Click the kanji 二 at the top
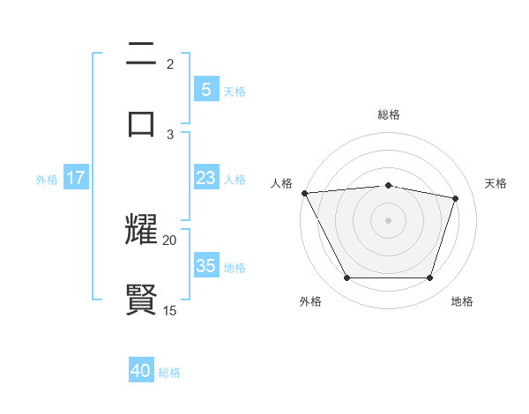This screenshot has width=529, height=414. pos(141,55)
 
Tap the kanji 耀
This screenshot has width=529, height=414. pos(141,230)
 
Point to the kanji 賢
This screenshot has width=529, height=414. pos(141,299)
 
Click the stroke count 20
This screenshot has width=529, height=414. pos(170,240)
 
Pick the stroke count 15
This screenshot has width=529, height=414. pos(170,310)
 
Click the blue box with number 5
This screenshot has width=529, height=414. pos(205,89)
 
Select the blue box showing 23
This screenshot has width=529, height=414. pos(205,178)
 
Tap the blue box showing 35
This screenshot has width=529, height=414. pos(205,266)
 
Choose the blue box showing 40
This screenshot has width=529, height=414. pos(141,371)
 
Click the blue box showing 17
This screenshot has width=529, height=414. pos(75,178)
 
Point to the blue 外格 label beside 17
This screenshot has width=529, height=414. pos(47,179)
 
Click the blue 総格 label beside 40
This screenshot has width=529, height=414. pos(169,373)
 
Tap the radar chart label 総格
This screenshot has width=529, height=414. pos(388,115)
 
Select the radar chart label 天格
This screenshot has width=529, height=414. pos(495,183)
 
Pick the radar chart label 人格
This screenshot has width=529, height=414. pos(281,183)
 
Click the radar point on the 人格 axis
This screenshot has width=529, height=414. pos(304,193)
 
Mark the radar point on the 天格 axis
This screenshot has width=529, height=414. pos(455,198)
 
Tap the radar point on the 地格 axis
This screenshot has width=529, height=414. pos(429,278)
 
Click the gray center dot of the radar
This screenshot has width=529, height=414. pos(388,220)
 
